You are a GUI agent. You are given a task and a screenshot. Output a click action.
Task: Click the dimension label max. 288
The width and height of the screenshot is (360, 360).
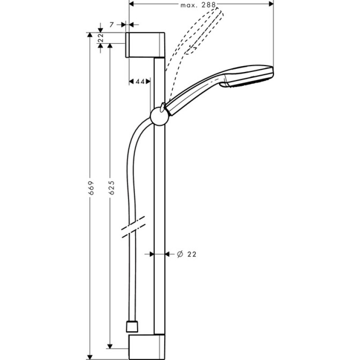click(198, 5)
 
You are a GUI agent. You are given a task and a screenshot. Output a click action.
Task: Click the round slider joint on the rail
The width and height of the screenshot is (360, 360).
click(159, 116)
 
